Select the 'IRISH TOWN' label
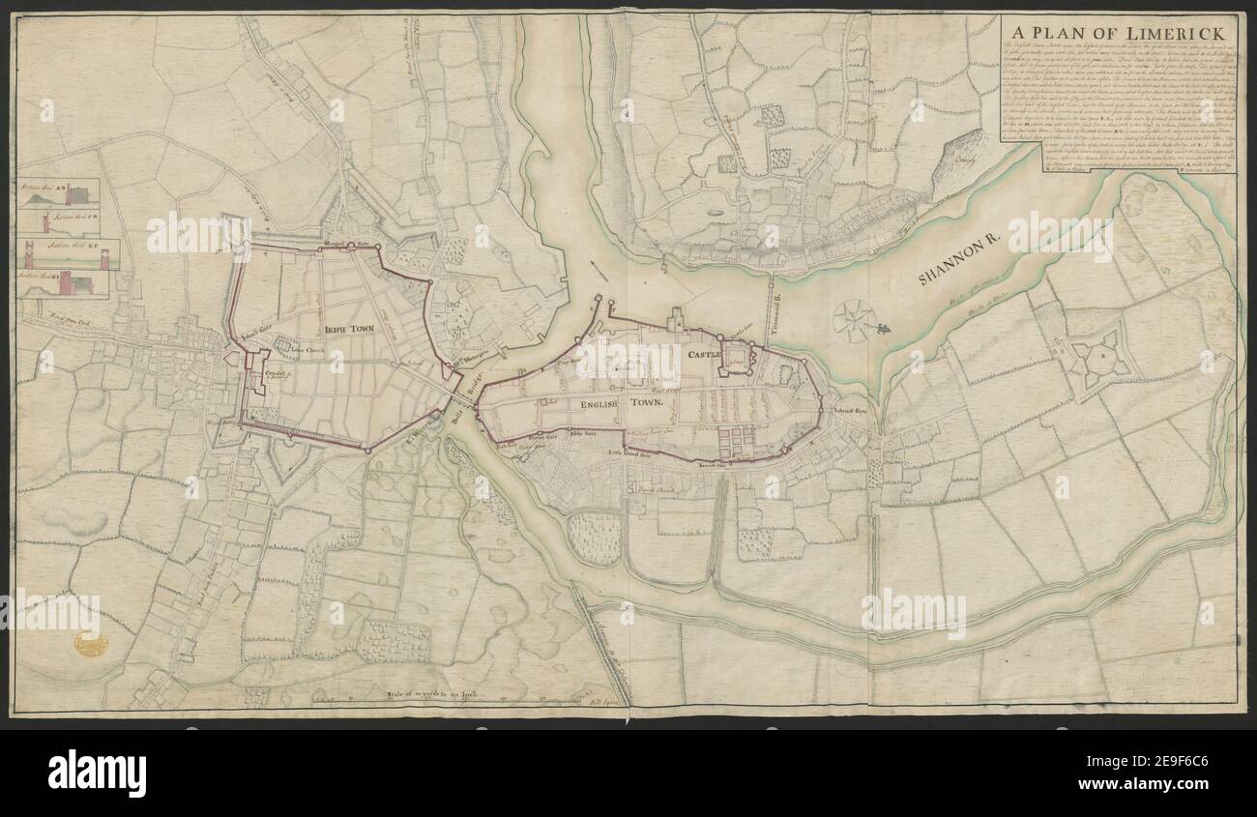[x=350, y=329]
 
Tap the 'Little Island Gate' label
[x=629, y=451]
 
